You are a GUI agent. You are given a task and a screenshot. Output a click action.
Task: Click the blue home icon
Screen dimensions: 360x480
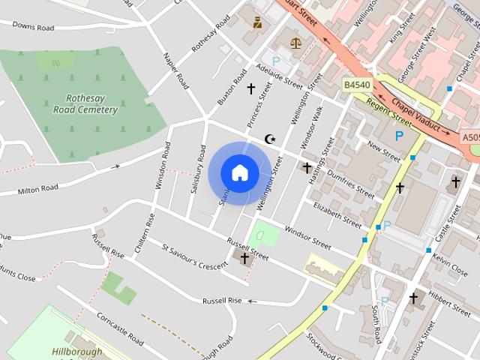pos(239,173)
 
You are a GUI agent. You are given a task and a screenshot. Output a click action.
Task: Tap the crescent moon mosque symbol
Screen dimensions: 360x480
pos(271,139)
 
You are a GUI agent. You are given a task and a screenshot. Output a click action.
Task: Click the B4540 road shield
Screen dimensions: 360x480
pos(357,85)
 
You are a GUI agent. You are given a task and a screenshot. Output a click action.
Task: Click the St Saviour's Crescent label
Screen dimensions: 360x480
pos(194,255)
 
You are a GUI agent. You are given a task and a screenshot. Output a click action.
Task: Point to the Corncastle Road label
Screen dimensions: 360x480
pos(120,329)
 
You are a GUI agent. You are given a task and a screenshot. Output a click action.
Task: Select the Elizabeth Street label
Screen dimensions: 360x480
pos(337,213)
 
